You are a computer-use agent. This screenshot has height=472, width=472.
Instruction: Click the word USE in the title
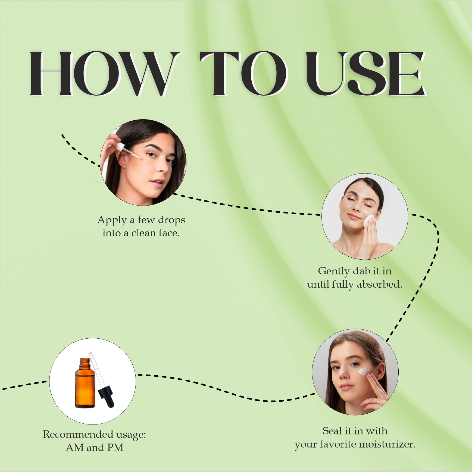365,73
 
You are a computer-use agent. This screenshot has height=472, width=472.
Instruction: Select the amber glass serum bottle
85,383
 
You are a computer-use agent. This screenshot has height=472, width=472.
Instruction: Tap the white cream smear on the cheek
364,371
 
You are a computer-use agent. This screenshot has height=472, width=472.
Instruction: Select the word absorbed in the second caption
379,284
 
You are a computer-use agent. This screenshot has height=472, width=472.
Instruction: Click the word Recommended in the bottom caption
78,434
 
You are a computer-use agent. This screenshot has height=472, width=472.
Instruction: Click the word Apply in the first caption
112,220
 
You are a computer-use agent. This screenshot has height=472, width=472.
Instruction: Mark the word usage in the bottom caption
131,435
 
